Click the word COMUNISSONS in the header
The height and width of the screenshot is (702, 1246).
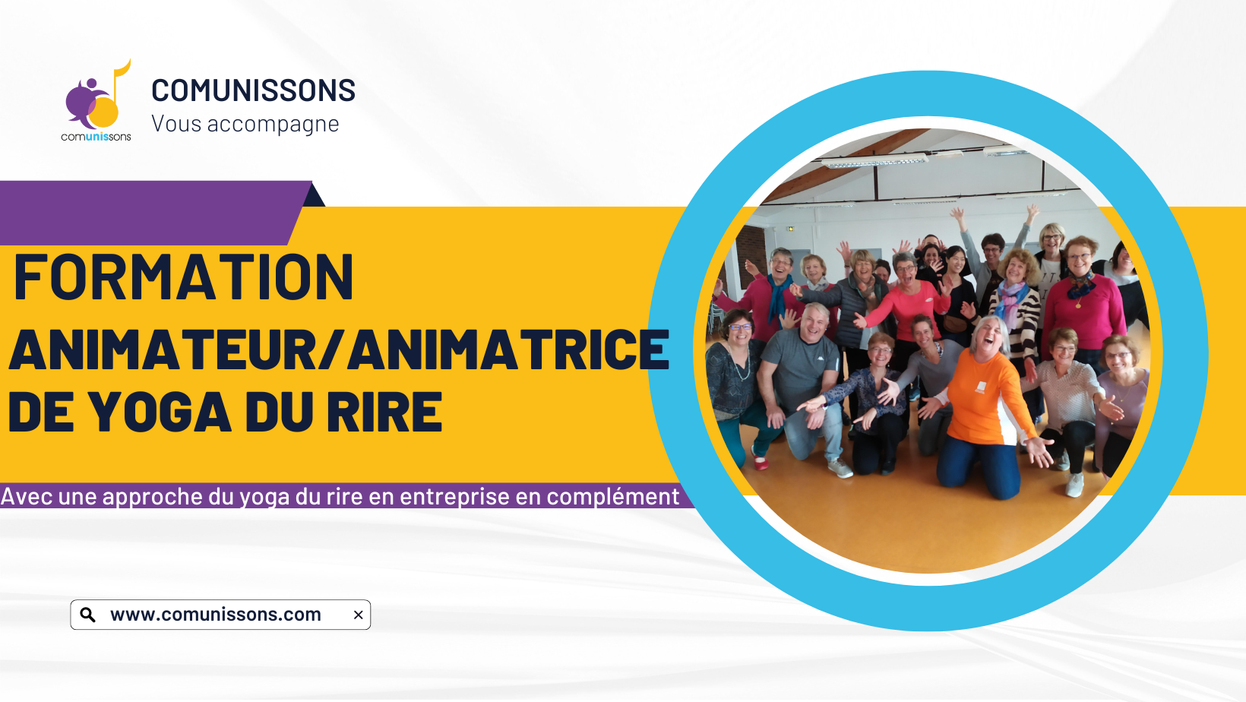[x=253, y=90]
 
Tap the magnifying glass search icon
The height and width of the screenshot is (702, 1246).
[x=88, y=615]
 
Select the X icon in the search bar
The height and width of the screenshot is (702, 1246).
[x=359, y=615]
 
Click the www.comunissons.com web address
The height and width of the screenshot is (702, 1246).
[x=216, y=614]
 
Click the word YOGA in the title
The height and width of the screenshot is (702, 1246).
[x=160, y=412]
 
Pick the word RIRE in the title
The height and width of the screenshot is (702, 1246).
[x=384, y=412]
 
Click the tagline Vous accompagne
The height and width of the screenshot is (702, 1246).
[x=245, y=124]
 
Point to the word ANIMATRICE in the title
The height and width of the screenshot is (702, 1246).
[x=508, y=349]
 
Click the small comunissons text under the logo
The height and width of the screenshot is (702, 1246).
[x=96, y=137]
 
